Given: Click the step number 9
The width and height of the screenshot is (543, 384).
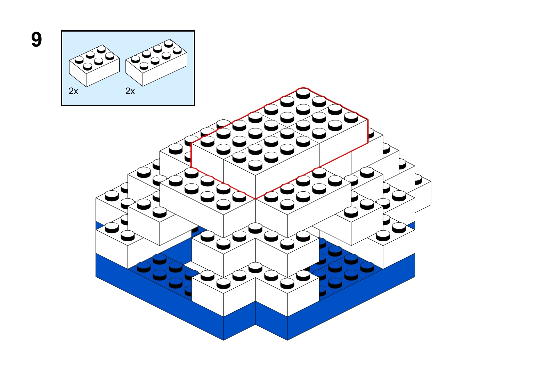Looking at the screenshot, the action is coord(37,40).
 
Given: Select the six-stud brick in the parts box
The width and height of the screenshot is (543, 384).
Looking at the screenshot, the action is coord(94,66).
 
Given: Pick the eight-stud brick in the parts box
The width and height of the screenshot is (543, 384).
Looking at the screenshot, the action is coord(156,62).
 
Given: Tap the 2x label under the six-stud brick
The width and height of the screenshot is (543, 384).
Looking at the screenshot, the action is coord(74,91).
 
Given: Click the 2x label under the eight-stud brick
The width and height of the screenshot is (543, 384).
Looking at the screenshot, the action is coord(130,91).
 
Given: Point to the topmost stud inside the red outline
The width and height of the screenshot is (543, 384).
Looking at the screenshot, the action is coord(303,93).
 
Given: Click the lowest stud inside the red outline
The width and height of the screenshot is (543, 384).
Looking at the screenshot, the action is coord(255,165).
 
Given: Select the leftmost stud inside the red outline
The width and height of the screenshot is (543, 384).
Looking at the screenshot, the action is coord(208,141).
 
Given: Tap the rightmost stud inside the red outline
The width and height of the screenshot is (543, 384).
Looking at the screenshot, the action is coord(351,118).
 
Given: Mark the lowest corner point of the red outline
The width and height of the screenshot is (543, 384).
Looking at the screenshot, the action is coord(255,199).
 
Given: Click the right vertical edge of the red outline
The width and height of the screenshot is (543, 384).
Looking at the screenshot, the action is coord(368,131).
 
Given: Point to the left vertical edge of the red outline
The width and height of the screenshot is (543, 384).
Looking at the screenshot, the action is coord(191,155).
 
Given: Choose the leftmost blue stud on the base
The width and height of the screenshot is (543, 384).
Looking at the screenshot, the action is coord(144,267).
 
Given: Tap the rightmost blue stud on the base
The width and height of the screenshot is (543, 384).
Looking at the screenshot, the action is coord(367,267).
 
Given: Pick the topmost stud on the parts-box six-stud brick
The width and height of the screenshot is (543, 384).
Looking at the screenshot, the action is coord(101,49).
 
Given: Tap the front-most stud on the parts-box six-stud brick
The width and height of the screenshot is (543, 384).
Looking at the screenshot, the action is coord(87,66).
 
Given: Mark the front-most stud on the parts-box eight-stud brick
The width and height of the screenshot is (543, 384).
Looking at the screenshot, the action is coord(144,66).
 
